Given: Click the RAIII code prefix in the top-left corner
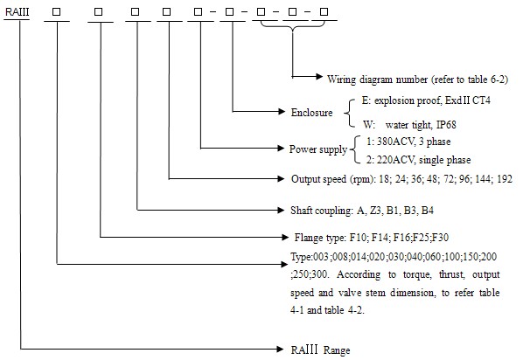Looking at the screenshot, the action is coord(17,12).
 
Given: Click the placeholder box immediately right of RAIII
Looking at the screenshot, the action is coord(56,11).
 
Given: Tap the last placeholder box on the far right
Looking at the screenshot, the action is coord(324,11).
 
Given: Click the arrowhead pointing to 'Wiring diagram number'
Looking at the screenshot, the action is coord(319,77).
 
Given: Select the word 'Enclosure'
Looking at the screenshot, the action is coord(311,113).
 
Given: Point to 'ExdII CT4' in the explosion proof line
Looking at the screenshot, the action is coord(468,100).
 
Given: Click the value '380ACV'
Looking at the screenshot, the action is coord(396,142).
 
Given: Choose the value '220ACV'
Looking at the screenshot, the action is coord(396,160).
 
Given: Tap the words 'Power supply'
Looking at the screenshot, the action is coord(317,149).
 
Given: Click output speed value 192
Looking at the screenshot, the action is coord(505,179).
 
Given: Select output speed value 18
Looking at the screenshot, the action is coord(384,179).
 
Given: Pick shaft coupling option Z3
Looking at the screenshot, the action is coord(375,211).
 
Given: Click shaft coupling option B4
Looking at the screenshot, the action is coord(428,211).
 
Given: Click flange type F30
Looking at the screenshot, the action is coord(441,238).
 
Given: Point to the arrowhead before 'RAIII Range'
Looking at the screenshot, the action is coord(280,349).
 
